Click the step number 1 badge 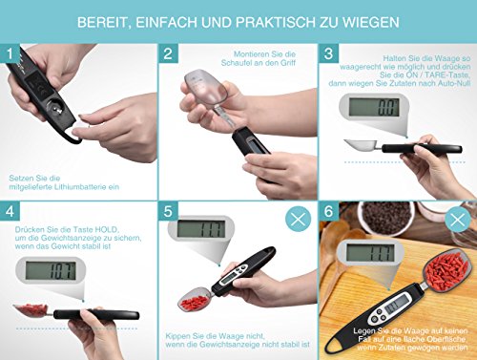(x=10, y=53)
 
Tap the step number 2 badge (x=168, y=53)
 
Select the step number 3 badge (x=328, y=53)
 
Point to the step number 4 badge (x=10, y=211)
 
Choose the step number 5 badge (x=168, y=211)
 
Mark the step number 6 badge (x=328, y=211)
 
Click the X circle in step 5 (x=298, y=219)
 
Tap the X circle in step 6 (x=458, y=220)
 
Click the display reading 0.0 (x=374, y=107)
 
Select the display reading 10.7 (x=51, y=270)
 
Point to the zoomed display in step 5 (x=201, y=229)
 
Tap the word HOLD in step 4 (x=107, y=229)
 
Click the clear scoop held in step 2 (x=206, y=87)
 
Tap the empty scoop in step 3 (x=362, y=146)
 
